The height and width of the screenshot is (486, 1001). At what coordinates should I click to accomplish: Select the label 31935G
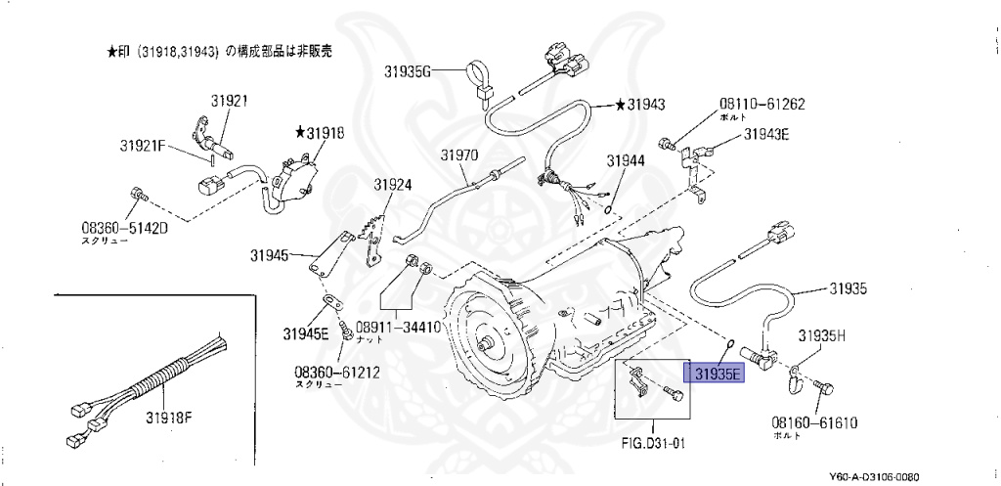point(408,70)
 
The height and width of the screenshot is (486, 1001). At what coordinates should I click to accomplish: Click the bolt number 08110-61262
point(762,104)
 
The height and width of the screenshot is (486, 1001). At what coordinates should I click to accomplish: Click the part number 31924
point(392,184)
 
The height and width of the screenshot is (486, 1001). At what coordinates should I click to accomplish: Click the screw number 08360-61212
point(337,372)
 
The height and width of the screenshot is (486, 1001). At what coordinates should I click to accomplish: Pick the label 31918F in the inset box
point(169,418)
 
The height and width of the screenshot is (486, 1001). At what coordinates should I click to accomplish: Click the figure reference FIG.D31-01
point(653,441)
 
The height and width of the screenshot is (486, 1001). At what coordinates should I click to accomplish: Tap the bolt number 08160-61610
point(813,422)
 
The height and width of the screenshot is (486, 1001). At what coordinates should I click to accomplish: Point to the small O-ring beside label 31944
point(608,208)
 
